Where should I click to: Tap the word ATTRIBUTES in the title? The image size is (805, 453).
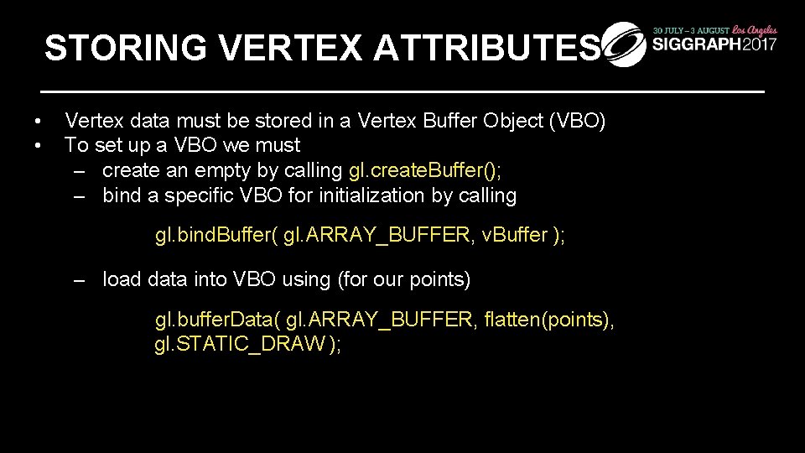487,49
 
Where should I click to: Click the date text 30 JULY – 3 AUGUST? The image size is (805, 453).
689,29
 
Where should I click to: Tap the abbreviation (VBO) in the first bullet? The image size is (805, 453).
576,121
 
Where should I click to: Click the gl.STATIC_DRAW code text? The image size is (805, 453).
241,345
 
